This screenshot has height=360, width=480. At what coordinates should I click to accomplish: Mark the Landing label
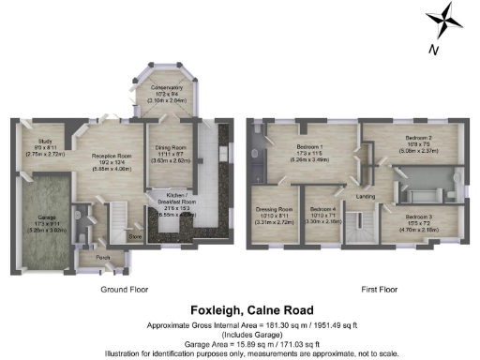pyautogui.click(x=367, y=195)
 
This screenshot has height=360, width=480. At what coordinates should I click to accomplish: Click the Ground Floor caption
pyautogui.click(x=126, y=289)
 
